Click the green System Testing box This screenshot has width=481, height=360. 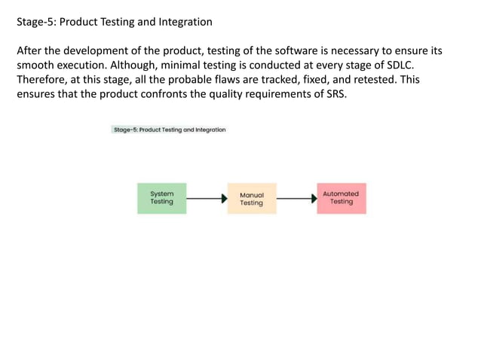(161, 198)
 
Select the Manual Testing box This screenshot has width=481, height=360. (251, 199)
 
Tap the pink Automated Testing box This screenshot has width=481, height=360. (341, 198)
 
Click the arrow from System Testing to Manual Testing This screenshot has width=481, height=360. (206, 199)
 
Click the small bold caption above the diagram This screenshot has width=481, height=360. (169, 130)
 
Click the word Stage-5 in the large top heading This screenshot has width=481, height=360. (35, 22)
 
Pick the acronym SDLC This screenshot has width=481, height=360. (398, 66)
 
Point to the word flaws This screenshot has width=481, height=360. (223, 80)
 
